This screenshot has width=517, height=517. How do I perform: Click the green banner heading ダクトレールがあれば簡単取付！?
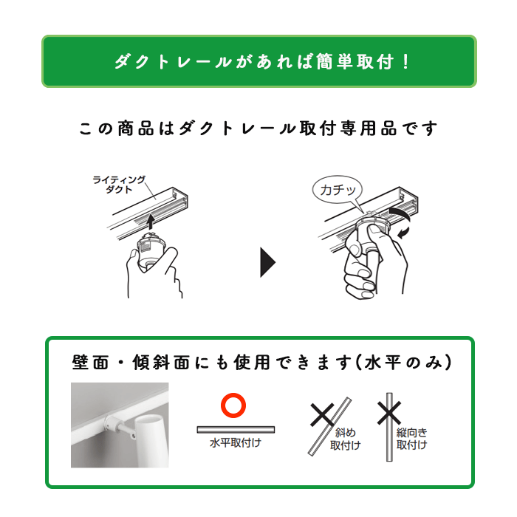(x=258, y=61)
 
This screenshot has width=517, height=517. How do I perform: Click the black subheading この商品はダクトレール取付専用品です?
(x=258, y=129)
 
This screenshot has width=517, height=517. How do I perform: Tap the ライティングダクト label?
(x=119, y=184)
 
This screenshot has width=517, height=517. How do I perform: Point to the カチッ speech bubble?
(x=337, y=190)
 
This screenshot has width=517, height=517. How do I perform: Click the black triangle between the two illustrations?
(x=267, y=261)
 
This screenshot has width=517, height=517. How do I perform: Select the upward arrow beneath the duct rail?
(x=149, y=221)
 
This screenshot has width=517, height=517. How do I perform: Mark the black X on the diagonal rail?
(x=322, y=415)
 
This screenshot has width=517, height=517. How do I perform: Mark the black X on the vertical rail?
(x=388, y=412)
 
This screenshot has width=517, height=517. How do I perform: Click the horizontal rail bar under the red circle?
(x=236, y=428)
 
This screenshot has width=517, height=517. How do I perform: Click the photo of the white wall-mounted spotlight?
(x=120, y=425)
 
